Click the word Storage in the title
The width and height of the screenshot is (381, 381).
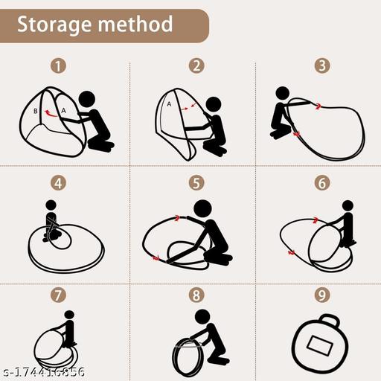pyautogui.click(x=54, y=25)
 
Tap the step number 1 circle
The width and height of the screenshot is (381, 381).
pyautogui.click(x=58, y=66)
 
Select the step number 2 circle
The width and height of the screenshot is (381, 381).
pyautogui.click(x=196, y=66)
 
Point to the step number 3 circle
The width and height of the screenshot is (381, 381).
pyautogui.click(x=322, y=66)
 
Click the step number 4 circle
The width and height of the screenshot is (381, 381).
pyautogui.click(x=58, y=183)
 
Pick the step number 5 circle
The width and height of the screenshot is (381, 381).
pyautogui.click(x=196, y=183)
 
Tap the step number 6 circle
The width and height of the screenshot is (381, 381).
pyautogui.click(x=322, y=183)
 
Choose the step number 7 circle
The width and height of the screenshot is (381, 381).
pyautogui.click(x=58, y=295)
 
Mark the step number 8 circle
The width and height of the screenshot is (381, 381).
pyautogui.click(x=196, y=295)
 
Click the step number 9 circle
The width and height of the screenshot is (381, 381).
pyautogui.click(x=322, y=295)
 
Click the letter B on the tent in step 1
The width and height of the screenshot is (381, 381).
pyautogui.click(x=36, y=111)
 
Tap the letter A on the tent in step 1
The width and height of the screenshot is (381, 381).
pyautogui.click(x=63, y=110)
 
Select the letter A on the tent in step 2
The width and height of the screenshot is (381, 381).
pyautogui.click(x=169, y=104)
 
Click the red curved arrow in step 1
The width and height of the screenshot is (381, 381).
pyautogui.click(x=51, y=113)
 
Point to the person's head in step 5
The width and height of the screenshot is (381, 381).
pyautogui.click(x=203, y=208)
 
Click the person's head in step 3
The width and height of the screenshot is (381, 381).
pyautogui.click(x=282, y=94)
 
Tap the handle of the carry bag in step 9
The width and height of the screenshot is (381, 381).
pyautogui.click(x=330, y=319)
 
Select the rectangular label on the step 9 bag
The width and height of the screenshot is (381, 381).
pyautogui.click(x=319, y=345)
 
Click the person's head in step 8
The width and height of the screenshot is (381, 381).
pyautogui.click(x=202, y=317)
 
